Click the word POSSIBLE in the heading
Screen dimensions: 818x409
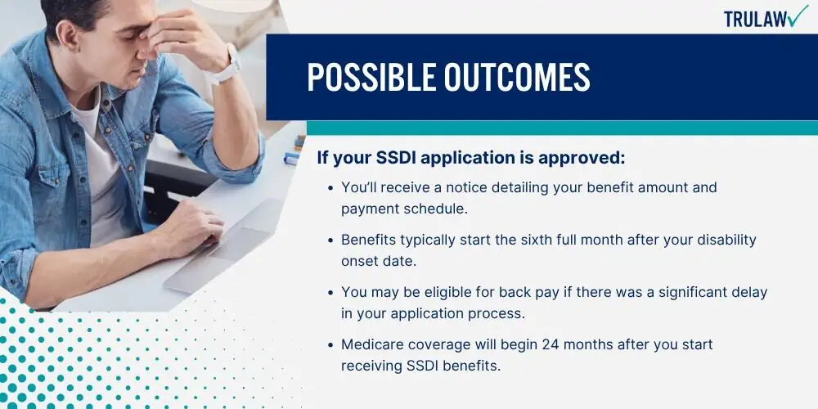[371, 77]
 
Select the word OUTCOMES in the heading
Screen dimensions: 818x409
[517, 77]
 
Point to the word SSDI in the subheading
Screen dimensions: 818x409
[398, 158]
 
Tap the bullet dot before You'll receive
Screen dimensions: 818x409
[330, 188]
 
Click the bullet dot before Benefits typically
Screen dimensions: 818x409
[330, 240]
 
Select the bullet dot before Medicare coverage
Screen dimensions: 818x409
[330, 345]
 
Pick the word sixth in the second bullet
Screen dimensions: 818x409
[539, 240]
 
